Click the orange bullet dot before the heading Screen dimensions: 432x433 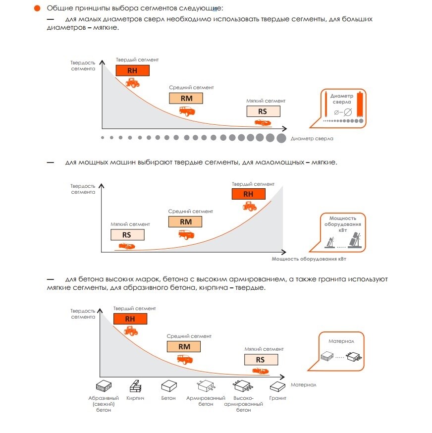(x=37, y=8)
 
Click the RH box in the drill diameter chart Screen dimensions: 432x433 (x=133, y=70)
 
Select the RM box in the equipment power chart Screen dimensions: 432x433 (x=185, y=222)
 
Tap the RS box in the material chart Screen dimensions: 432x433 (x=261, y=360)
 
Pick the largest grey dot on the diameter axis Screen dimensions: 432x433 (x=281, y=138)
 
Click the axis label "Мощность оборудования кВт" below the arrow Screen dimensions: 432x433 (x=309, y=259)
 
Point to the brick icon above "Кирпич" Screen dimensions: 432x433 (x=135, y=386)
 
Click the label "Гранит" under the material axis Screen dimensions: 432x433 (x=277, y=398)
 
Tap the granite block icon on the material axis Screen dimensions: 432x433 (x=277, y=386)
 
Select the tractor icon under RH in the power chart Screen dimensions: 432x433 (x=249, y=206)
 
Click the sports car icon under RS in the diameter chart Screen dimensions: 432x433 (x=263, y=122)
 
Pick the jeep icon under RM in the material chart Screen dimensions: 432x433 (x=185, y=359)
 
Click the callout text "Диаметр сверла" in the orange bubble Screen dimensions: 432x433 (x=342, y=99)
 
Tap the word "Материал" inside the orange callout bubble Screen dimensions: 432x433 (x=341, y=341)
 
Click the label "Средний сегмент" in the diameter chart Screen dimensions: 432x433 (x=191, y=88)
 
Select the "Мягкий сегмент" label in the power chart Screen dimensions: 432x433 (x=130, y=224)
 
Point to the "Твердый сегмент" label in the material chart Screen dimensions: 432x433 (x=135, y=309)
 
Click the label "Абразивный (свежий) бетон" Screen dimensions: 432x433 (x=104, y=404)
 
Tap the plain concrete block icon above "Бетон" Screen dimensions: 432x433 (x=169, y=386)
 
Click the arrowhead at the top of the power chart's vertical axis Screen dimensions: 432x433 (x=102, y=186)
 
